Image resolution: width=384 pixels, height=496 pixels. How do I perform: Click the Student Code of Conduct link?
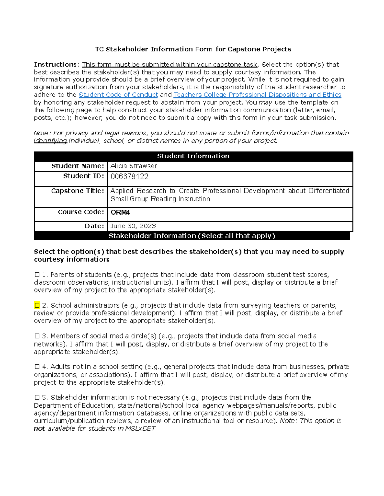(x=118, y=95)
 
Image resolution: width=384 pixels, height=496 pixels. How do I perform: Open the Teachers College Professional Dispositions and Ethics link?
(x=257, y=95)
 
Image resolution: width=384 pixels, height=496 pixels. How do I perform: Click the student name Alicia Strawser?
(x=134, y=166)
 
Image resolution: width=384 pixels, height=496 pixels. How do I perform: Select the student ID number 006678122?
(x=129, y=177)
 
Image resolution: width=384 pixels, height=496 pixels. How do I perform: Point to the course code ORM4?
(x=120, y=212)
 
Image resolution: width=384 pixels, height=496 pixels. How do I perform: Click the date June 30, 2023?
(x=133, y=226)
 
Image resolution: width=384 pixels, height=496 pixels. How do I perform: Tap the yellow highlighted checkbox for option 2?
(x=37, y=305)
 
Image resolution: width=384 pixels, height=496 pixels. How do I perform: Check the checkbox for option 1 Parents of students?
(x=37, y=275)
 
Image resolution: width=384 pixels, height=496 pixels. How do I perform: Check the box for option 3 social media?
(x=37, y=336)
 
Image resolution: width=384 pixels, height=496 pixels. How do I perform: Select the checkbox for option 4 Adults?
(x=37, y=367)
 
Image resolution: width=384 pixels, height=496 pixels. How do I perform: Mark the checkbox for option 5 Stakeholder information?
(x=37, y=397)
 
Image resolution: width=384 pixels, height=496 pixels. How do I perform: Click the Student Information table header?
(x=193, y=156)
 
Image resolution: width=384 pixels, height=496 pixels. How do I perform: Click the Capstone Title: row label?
(x=77, y=191)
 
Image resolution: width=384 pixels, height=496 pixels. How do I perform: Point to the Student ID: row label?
(x=84, y=176)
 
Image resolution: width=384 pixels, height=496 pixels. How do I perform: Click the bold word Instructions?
(x=55, y=65)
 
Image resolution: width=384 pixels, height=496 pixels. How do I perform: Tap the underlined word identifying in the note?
(x=50, y=141)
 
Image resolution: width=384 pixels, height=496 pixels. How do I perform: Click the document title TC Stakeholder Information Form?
(x=193, y=49)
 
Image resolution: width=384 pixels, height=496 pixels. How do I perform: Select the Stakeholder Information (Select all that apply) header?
(x=192, y=236)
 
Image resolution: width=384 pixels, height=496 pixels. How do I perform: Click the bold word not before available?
(x=39, y=429)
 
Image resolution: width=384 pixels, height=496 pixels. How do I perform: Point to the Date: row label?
(x=94, y=226)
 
